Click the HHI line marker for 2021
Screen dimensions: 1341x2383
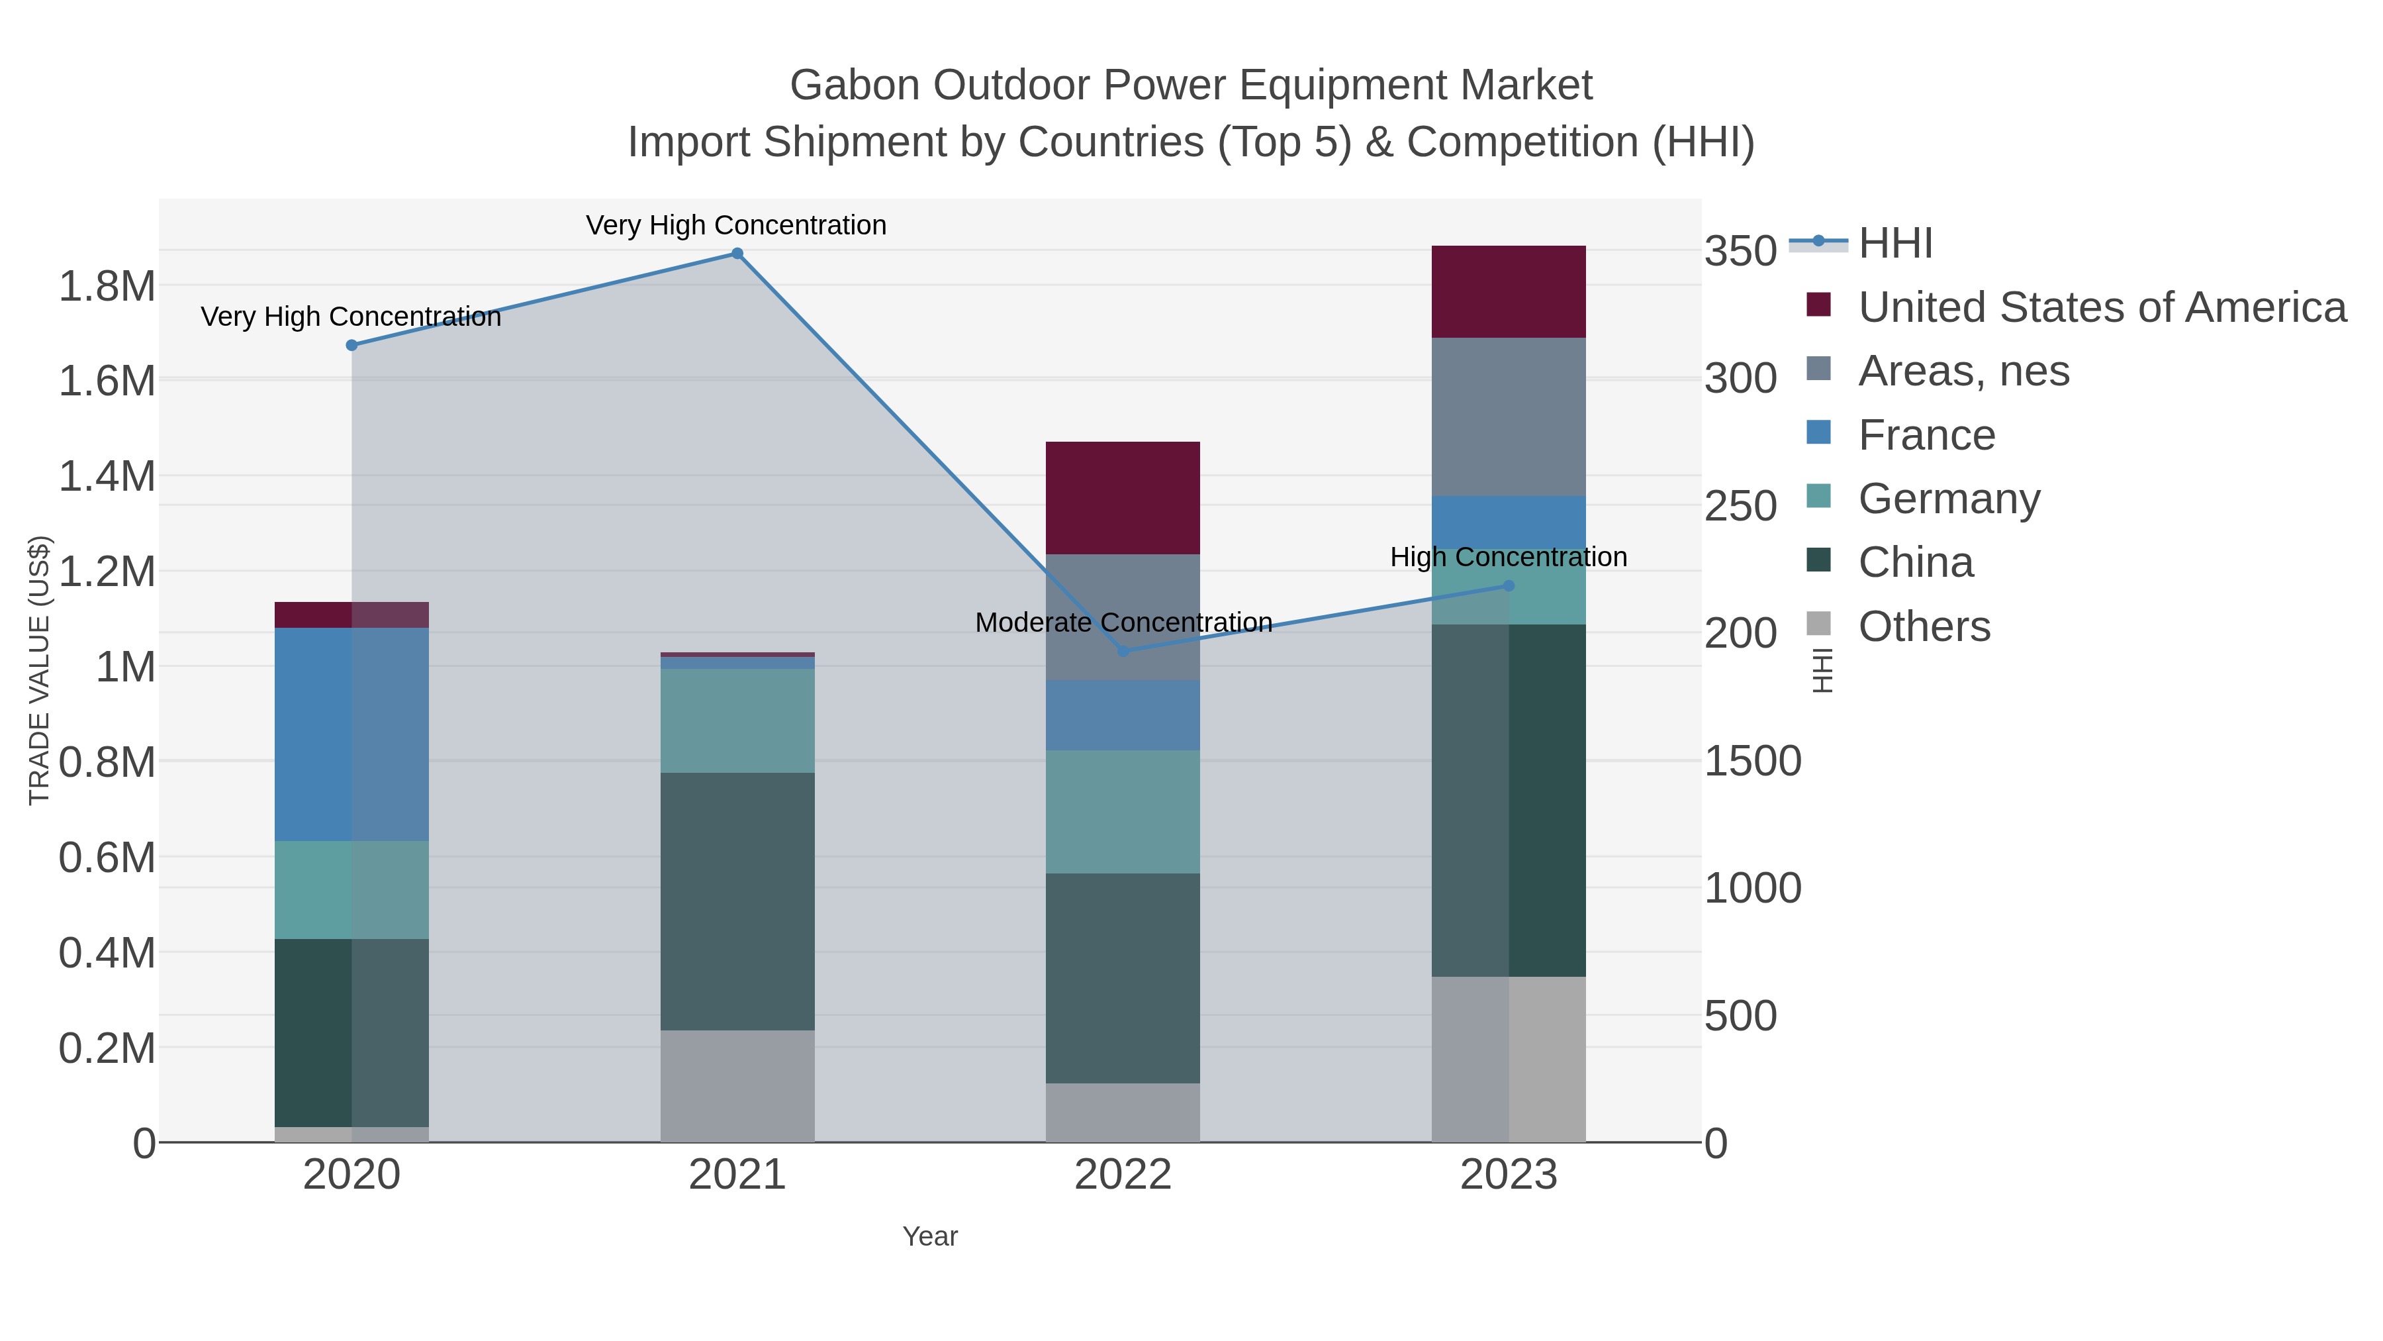coord(737,254)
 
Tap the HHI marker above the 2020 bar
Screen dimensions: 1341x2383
coord(351,345)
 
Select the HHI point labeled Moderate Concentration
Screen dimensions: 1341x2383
coord(1123,652)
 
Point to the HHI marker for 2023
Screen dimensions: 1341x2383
coord(1509,586)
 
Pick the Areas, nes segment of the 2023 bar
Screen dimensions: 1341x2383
coord(1508,417)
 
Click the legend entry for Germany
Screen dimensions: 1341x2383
coord(1948,499)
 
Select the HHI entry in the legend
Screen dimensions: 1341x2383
coord(1894,244)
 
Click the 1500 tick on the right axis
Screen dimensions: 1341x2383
coord(1752,761)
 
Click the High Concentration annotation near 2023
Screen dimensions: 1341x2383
coord(1508,557)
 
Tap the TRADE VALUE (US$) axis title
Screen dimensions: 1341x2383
coord(39,670)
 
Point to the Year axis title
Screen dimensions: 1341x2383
coord(930,1236)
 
